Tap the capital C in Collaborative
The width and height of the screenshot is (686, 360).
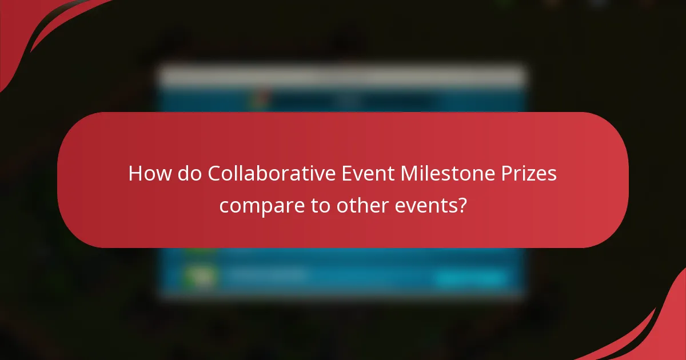tap(214, 173)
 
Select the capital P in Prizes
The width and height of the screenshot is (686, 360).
tap(506, 173)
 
